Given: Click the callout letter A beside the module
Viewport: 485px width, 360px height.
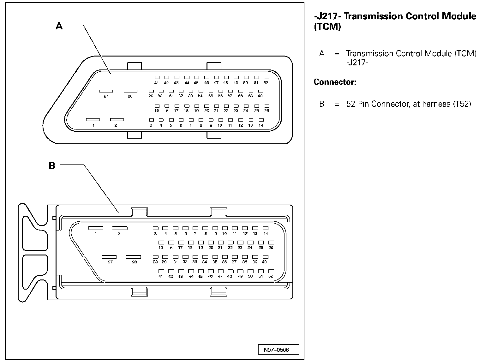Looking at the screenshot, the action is (x=59, y=26).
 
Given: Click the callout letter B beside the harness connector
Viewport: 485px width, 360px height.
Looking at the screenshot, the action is (x=52, y=166).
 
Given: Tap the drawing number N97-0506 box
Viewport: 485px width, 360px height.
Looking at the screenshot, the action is (x=274, y=350).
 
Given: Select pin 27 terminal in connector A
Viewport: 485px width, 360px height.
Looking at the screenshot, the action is (x=106, y=91).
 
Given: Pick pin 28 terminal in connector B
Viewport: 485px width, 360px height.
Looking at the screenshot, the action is (x=133, y=257).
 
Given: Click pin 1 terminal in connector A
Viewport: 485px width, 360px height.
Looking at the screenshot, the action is (x=93, y=120).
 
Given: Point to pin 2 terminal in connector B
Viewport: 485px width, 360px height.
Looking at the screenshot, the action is (x=120, y=228).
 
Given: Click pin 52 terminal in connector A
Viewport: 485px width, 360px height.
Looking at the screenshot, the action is (x=267, y=77).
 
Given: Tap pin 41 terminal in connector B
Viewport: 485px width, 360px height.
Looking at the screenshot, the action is (x=161, y=271).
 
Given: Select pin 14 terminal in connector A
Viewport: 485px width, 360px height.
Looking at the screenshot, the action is (x=261, y=120).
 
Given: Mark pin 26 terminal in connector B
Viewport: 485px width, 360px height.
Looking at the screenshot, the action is (x=271, y=243).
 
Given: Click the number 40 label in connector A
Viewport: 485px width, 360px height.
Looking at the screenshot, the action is (x=260, y=96).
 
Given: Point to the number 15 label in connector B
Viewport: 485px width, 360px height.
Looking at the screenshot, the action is (x=161, y=248).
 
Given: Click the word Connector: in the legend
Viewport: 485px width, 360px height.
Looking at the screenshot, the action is (x=335, y=82).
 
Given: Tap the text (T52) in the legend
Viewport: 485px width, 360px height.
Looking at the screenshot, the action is (x=462, y=104).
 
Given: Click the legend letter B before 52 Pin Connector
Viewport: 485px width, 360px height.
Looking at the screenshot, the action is (x=322, y=104).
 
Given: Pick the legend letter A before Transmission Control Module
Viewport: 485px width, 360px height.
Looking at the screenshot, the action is (x=322, y=54).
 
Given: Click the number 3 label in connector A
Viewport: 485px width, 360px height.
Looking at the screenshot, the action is (x=151, y=125).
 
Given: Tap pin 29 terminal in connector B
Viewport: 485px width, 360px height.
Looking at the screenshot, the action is (x=155, y=257).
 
